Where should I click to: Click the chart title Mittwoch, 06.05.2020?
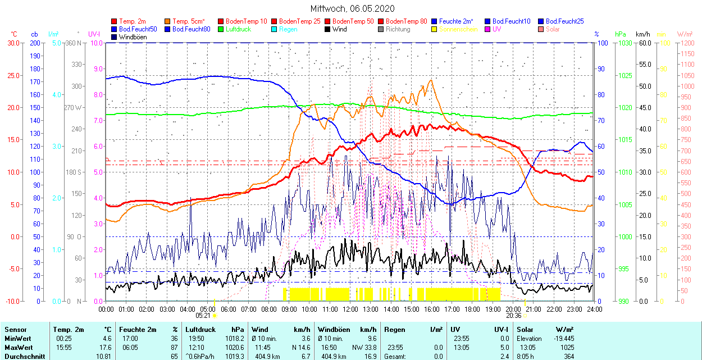coord(352,8)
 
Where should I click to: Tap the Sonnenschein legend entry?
coord(458,29)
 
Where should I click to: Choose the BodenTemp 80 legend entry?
coord(406,21)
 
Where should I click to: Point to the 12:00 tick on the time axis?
coord(350,309)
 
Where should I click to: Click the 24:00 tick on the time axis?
coord(594,309)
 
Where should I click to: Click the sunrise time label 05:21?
coord(203,316)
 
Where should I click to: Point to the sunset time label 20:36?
coord(513,316)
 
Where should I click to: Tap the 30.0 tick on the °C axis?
coord(12,43)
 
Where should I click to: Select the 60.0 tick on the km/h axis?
coord(644,43)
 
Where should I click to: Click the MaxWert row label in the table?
coord(18,347)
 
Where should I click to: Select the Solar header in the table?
coord(526,330)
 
